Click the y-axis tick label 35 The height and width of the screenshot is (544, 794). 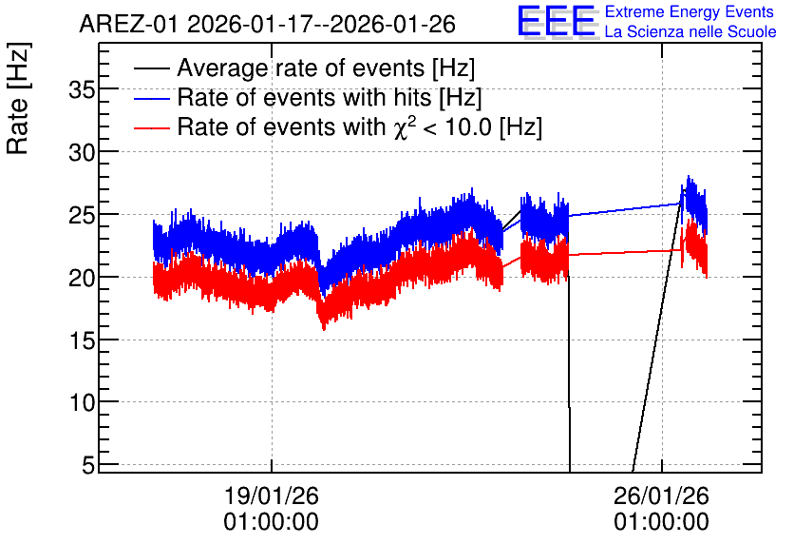point(82,90)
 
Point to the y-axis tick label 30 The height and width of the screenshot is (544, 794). point(82,152)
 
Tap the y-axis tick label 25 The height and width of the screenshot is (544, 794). point(82,216)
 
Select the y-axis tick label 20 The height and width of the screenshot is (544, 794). point(82,278)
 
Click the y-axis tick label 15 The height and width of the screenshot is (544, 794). point(82,340)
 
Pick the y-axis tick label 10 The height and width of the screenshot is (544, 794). point(82,403)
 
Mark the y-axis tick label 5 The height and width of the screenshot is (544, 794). point(88,465)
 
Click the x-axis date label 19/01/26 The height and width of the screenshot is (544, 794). point(272,495)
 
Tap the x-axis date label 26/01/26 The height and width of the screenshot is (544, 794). point(661,495)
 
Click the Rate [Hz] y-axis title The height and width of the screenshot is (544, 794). point(18,98)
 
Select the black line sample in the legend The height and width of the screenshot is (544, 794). point(151,68)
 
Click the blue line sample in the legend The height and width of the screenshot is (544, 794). point(151,98)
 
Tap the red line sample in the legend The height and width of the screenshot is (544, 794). point(151,127)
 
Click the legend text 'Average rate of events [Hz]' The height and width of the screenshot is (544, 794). point(326,68)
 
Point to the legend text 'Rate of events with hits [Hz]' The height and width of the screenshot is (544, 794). point(330,98)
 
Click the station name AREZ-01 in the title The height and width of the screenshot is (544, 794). point(129,24)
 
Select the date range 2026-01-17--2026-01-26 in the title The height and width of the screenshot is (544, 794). point(322,24)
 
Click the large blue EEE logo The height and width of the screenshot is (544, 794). point(557,22)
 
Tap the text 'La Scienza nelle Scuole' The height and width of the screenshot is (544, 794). point(690,32)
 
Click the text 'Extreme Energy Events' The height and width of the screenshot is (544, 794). point(690,11)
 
